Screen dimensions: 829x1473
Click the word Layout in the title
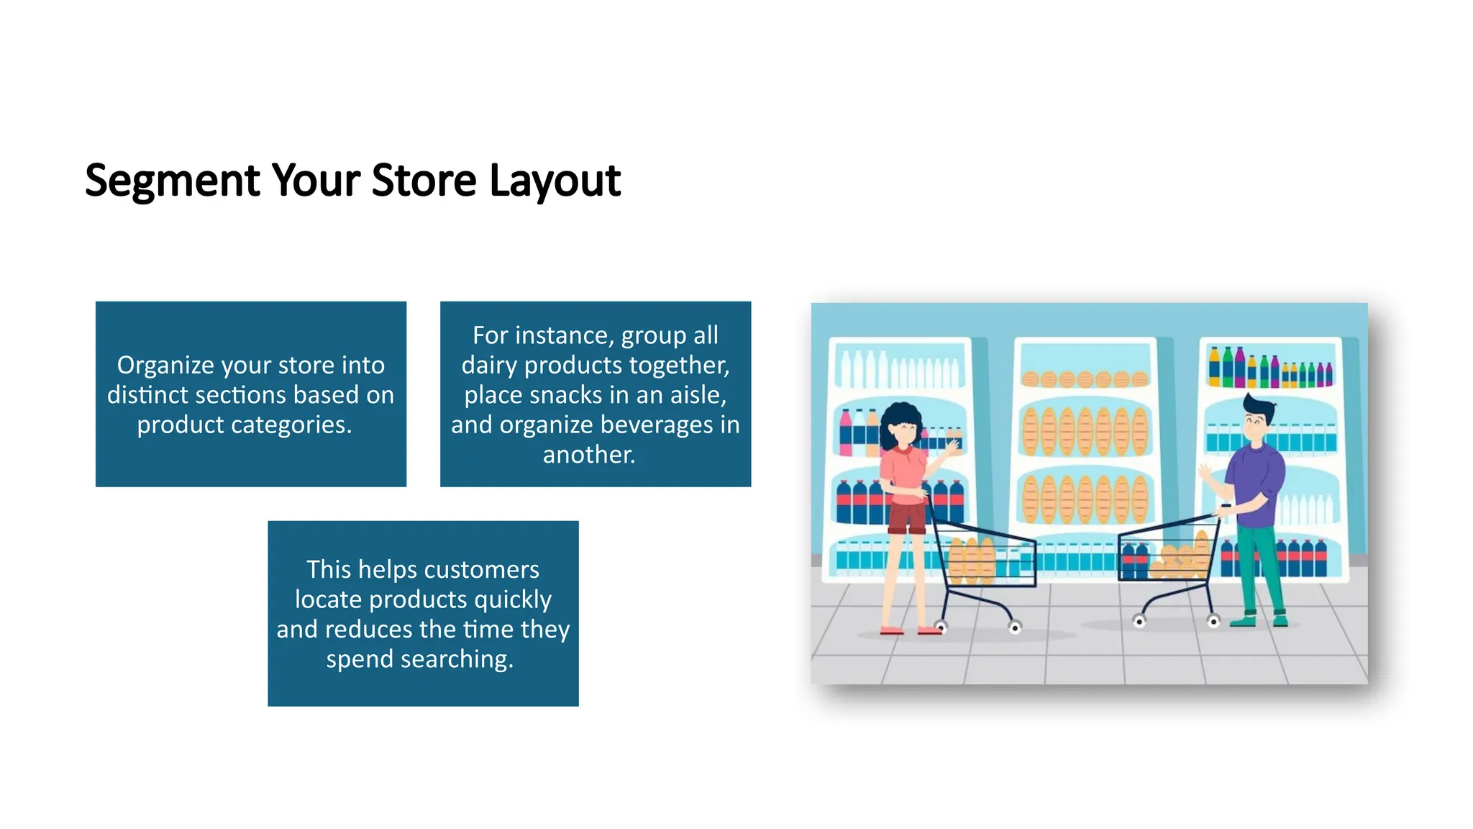(x=555, y=180)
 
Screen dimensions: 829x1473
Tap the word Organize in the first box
(x=165, y=366)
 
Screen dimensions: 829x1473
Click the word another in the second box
(x=588, y=455)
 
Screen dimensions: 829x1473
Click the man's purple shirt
(x=1257, y=475)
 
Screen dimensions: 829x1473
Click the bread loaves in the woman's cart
(x=971, y=561)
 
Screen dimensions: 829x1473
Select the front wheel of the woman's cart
(x=1015, y=628)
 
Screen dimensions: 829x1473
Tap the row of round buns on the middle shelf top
(x=1085, y=379)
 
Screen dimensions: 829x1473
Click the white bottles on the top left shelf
(x=899, y=371)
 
